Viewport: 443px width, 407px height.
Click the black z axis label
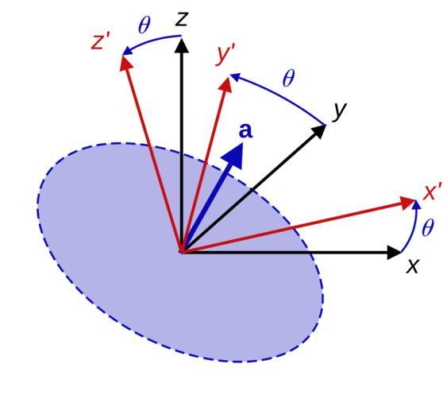[x=181, y=19]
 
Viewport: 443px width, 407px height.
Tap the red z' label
[x=100, y=41]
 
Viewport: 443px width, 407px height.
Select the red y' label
[x=225, y=56]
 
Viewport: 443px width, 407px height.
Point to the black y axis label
[x=339, y=111]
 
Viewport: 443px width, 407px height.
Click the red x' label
[x=432, y=192]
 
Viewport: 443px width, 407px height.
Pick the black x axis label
[x=412, y=266]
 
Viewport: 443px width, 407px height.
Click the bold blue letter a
[x=246, y=130]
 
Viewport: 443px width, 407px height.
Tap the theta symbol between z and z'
[x=144, y=25]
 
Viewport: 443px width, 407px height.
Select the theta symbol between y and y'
[x=288, y=78]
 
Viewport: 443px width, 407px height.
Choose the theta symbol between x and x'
[x=427, y=227]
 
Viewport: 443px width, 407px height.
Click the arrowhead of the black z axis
[x=181, y=45]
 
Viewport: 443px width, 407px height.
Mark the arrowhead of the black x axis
[x=394, y=252]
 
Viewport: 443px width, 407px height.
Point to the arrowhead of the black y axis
[x=319, y=130]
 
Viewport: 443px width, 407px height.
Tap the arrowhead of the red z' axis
[x=125, y=64]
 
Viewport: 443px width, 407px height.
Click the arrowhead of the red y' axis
[x=226, y=84]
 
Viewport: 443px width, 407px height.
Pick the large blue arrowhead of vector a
[x=234, y=156]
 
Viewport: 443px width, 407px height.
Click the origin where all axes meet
[x=182, y=252]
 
